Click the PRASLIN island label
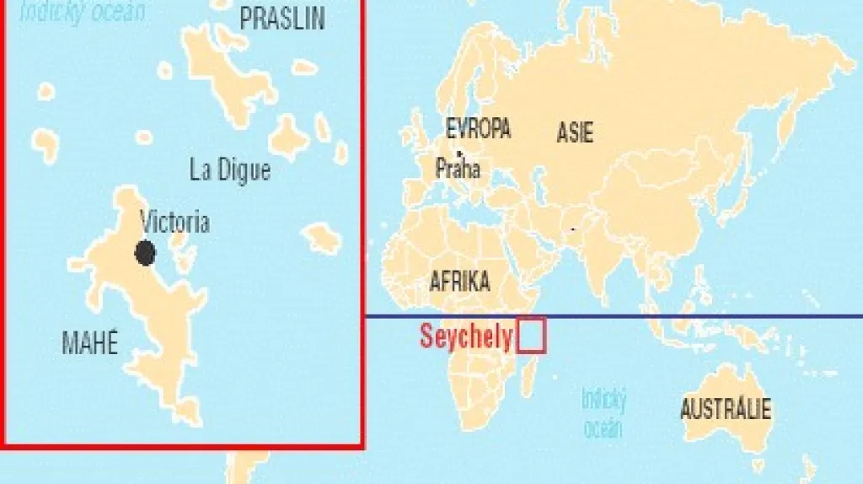coord(281,19)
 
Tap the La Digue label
coord(230,170)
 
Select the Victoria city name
coord(174,223)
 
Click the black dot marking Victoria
coord(145,252)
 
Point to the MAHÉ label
coord(90,342)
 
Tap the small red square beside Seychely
coord(532,335)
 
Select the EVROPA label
coord(478,129)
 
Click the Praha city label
coord(458,169)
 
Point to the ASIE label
coord(575,132)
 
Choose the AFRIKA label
coord(459,282)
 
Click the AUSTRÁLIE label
coord(725,411)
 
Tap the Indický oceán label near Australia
coord(603,413)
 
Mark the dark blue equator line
coord(674,316)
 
